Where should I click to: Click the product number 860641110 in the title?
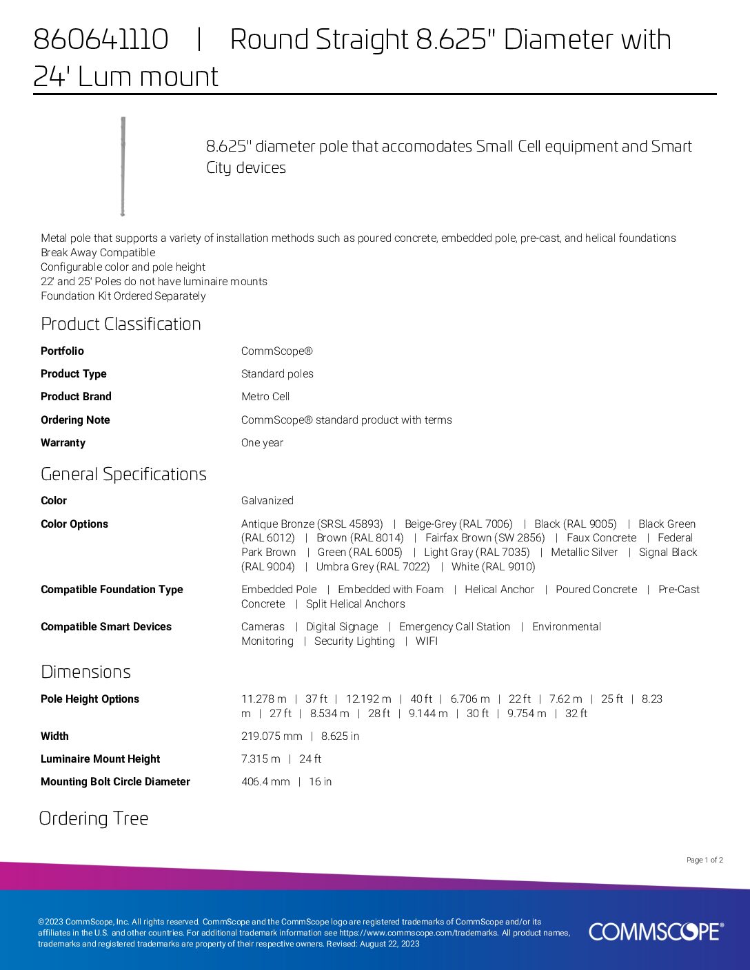(x=101, y=40)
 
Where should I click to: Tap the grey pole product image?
(x=123, y=167)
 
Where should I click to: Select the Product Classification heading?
(x=121, y=324)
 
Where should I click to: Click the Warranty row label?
(x=63, y=443)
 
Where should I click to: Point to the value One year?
(x=262, y=443)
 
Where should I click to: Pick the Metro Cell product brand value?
(x=265, y=397)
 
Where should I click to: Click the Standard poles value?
(x=277, y=374)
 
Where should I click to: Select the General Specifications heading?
(x=123, y=474)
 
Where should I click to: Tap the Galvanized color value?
(x=267, y=501)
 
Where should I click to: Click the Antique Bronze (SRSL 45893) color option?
(x=312, y=524)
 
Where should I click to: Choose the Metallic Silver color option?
(x=584, y=553)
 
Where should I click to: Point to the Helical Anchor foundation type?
(x=499, y=590)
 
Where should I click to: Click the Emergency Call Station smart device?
(x=455, y=627)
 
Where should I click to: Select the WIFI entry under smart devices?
(x=427, y=641)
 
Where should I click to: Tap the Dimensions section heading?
(x=85, y=672)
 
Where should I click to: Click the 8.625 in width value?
(x=340, y=736)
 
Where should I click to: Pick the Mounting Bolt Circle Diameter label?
(x=115, y=782)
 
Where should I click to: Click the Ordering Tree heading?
(x=94, y=818)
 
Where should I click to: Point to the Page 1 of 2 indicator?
(x=705, y=860)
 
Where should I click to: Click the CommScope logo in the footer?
(x=656, y=931)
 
